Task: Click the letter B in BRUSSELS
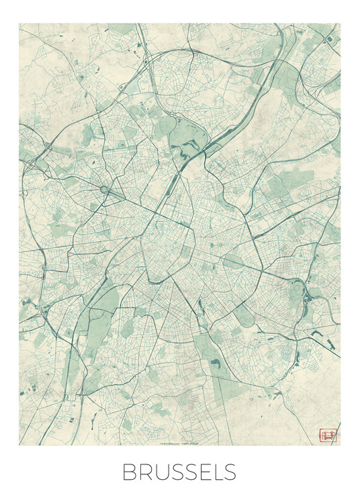point(128,472)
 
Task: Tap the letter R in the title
point(144,472)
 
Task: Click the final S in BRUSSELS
point(230,472)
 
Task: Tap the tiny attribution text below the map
point(180,445)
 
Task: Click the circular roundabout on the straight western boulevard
point(105,190)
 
